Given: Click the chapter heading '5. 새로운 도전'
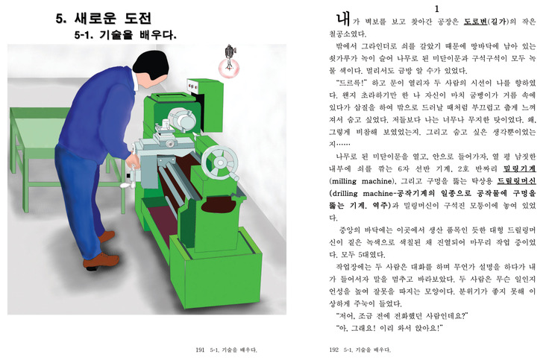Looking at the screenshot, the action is [x=104, y=19].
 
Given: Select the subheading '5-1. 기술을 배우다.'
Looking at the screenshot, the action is [x=125, y=35].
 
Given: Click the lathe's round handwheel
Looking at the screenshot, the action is [x=220, y=163].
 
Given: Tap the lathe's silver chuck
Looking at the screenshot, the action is [x=182, y=119].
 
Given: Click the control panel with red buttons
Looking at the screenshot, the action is [x=194, y=86].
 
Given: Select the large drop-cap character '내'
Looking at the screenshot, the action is [x=342, y=19].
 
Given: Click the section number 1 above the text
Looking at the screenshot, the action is [x=437, y=9].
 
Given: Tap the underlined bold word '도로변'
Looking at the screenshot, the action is [x=475, y=22].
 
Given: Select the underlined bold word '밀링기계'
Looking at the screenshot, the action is [x=520, y=169].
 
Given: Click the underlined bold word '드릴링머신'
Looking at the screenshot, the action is [x=516, y=181].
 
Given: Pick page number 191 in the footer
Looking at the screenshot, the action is [x=200, y=350].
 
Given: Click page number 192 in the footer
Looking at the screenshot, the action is [x=333, y=350].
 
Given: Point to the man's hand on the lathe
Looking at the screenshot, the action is [x=133, y=161].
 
